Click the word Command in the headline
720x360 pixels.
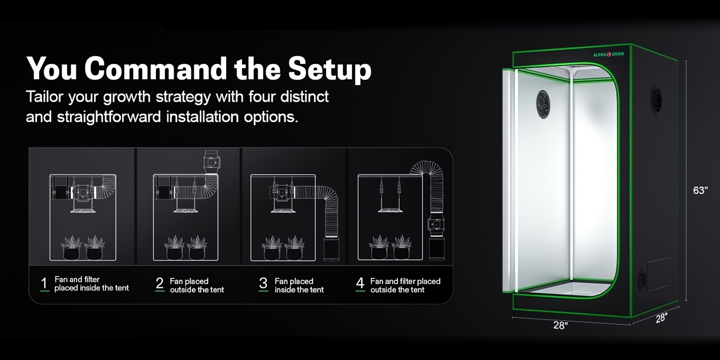[156, 68]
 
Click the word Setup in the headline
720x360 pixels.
[330, 70]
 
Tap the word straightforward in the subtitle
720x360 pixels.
[109, 117]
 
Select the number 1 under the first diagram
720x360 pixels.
[44, 283]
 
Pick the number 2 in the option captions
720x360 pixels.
[160, 283]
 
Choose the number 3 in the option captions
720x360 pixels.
[263, 283]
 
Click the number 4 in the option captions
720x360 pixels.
[360, 283]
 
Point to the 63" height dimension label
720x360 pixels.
[700, 191]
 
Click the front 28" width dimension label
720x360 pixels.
[561, 325]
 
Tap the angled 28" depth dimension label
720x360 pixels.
[661, 318]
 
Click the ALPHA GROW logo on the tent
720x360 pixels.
[608, 54]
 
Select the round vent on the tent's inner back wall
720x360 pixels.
[543, 104]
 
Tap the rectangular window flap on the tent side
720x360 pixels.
[659, 274]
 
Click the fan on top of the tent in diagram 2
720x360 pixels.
[211, 162]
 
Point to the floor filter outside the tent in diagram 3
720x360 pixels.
[331, 249]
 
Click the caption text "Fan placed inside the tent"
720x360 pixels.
[299, 285]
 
